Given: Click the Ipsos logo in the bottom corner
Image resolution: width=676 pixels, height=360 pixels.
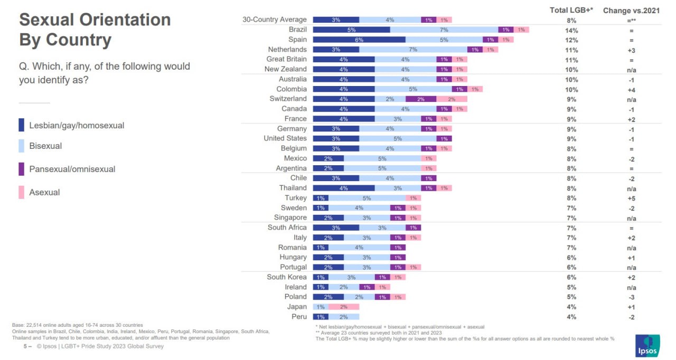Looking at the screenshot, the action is click(647, 346).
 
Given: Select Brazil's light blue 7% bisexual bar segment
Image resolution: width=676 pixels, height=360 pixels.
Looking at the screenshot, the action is click(444, 30).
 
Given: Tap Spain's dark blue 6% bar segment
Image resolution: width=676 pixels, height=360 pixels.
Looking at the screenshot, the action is click(359, 40).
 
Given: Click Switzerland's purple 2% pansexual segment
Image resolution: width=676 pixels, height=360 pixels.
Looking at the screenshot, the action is click(421, 99).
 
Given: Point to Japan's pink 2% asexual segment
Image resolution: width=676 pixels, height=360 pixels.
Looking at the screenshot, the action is click(344, 307).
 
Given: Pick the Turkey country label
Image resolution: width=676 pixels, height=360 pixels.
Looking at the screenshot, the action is click(295, 198).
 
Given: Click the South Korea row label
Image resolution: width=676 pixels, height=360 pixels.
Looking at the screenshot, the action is click(286, 277).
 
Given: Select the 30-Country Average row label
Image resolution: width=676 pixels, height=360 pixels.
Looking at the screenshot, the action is click(274, 20).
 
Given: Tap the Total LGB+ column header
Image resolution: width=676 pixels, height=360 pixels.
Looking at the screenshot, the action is click(571, 10).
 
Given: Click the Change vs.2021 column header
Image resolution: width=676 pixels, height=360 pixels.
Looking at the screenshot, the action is click(631, 11).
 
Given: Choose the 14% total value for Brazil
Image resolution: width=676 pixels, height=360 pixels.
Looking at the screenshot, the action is click(571, 31).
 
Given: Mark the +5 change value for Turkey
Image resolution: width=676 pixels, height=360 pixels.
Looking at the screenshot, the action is click(631, 198).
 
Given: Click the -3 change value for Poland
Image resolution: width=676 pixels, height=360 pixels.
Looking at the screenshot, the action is click(631, 297).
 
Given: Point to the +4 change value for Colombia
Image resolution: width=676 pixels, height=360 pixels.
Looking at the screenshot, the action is click(631, 90).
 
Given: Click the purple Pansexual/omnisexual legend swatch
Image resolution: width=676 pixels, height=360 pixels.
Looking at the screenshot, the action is click(22, 169).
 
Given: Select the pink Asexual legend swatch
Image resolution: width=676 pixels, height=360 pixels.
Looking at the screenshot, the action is click(22, 192).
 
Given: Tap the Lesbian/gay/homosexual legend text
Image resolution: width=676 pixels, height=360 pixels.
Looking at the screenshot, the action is click(77, 126).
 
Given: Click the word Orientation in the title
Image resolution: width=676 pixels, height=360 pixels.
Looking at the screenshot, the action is click(125, 20).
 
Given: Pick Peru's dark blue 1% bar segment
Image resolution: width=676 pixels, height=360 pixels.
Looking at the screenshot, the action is click(321, 317).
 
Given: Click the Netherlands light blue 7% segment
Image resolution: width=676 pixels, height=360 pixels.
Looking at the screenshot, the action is click(413, 50).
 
